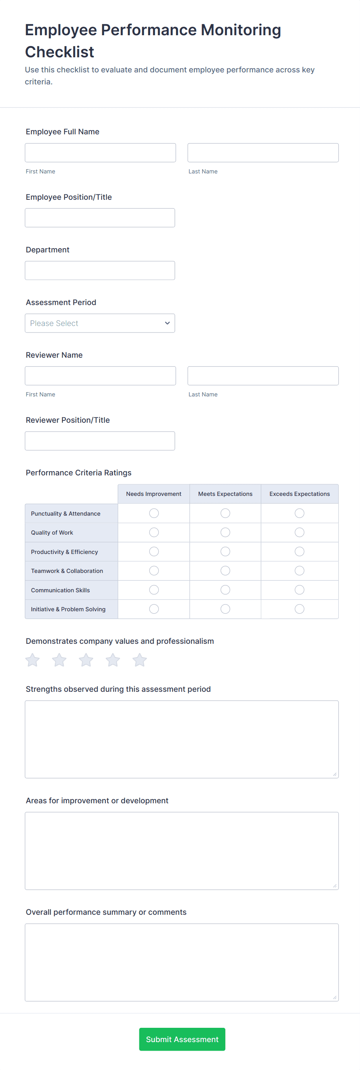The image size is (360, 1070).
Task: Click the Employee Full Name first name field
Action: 100,153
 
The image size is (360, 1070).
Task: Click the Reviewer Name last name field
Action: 263,376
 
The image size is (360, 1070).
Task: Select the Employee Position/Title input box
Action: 99,218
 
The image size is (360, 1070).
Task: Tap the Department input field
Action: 99,271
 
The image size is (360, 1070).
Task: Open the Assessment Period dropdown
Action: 99,323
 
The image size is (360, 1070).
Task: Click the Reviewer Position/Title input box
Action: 99,441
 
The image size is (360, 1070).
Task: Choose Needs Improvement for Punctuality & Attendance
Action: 154,513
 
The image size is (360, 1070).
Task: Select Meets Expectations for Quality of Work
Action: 225,533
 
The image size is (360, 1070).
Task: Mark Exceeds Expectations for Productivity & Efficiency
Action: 299,552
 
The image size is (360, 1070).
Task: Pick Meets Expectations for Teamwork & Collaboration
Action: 225,571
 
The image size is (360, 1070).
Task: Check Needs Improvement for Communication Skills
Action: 154,590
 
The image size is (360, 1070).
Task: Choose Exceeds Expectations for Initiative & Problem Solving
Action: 299,609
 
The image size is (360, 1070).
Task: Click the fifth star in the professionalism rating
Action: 139,660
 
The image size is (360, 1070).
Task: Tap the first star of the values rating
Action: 33,660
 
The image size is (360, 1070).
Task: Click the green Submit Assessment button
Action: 182,1039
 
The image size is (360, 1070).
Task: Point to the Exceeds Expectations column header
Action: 299,494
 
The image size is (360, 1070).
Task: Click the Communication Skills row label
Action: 60,590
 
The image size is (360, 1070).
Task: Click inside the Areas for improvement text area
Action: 182,851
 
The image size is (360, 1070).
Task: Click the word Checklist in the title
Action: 60,52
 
